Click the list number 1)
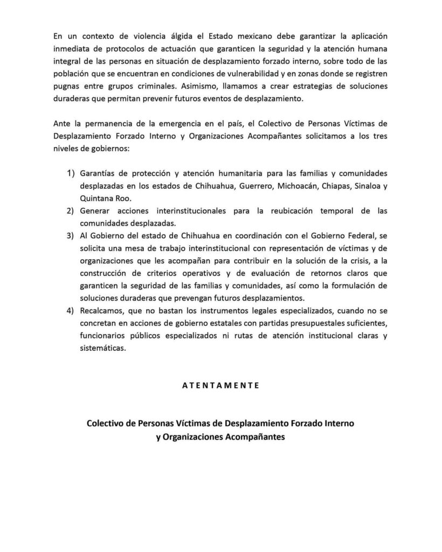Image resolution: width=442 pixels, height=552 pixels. coord(71,173)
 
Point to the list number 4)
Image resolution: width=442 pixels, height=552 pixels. coord(71,312)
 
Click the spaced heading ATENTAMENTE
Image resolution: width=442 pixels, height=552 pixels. coord(220,385)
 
